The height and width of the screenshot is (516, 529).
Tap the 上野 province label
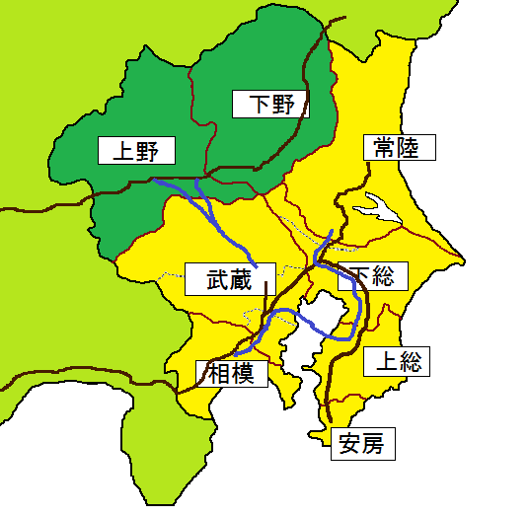click(137, 150)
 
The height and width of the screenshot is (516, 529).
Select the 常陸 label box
click(399, 148)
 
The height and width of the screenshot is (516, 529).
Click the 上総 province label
click(397, 361)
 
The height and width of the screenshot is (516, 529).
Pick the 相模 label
click(233, 373)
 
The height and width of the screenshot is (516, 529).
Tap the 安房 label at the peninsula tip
click(363, 444)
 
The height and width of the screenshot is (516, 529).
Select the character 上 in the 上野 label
click(120, 150)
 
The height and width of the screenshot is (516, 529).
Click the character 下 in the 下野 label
click(255, 103)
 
